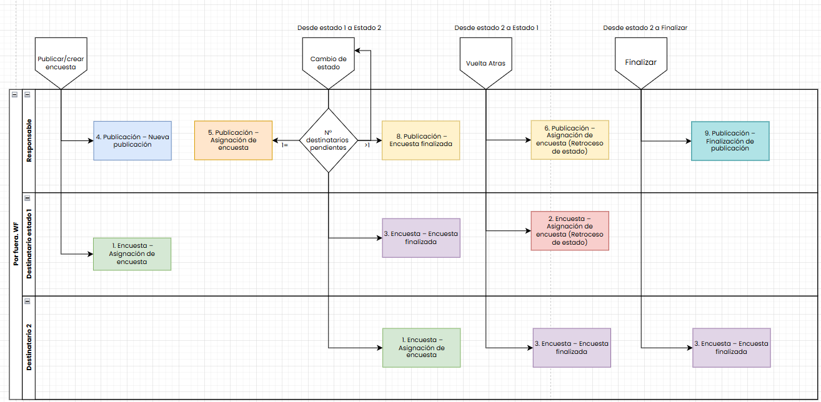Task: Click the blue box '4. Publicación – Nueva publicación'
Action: [132, 140]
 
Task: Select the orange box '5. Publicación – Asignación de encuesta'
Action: [233, 140]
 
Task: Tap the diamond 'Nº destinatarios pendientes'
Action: [328, 140]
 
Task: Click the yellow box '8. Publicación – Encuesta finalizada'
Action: [420, 140]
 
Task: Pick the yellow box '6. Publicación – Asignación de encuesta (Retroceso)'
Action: [570, 140]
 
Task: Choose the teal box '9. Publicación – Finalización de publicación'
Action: [730, 141]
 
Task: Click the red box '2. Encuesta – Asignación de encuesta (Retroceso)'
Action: [570, 231]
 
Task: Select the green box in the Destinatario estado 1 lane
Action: [132, 253]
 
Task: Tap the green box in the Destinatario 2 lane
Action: [421, 347]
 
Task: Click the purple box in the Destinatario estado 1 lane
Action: [421, 238]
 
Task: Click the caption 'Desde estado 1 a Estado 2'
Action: [339, 28]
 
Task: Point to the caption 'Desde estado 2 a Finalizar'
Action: [645, 28]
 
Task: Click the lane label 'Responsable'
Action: [29, 140]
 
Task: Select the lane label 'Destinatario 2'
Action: [29, 347]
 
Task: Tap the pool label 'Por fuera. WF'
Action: [16, 243]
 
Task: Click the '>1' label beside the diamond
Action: [367, 145]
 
